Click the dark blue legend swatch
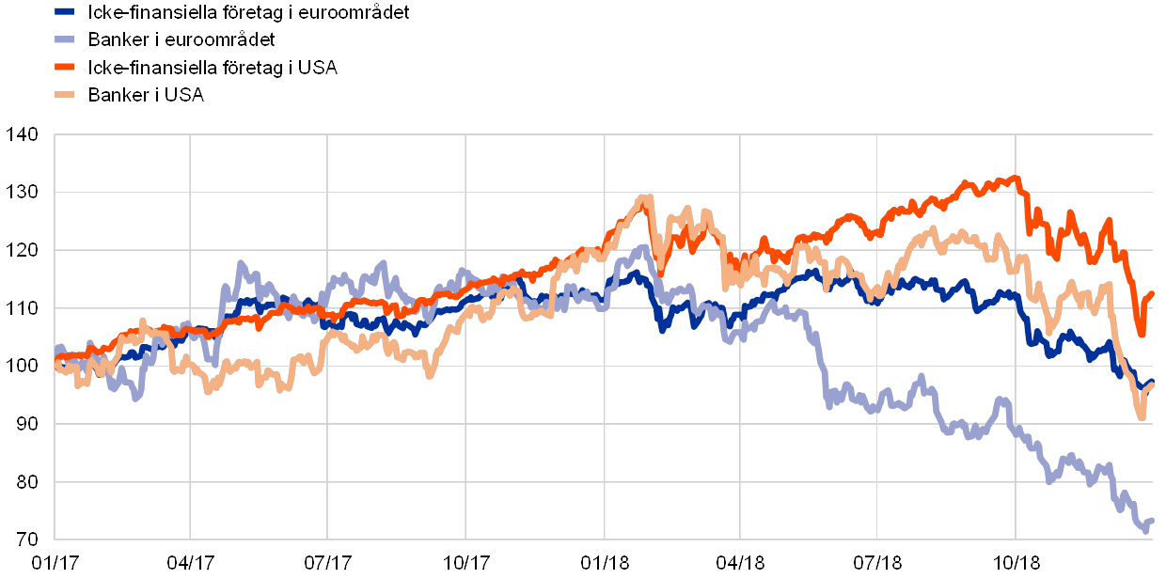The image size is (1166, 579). click(65, 12)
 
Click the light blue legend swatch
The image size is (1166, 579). click(65, 39)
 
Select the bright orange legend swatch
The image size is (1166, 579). click(65, 68)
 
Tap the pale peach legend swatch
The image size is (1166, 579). click(65, 95)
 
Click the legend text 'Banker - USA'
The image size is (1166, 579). click(147, 95)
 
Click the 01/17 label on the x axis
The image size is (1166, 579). click(53, 563)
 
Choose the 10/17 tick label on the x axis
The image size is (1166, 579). click(463, 563)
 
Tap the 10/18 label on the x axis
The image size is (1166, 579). click(1016, 563)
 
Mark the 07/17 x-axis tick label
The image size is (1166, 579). click(326, 563)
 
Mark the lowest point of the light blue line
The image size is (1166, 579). click(1145, 531)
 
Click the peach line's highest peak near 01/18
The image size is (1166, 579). click(645, 197)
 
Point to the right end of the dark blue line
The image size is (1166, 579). click(1153, 381)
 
